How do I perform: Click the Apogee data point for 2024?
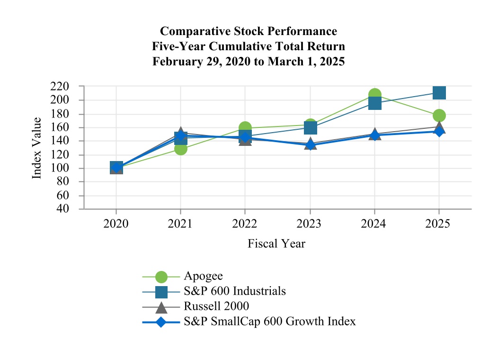374,95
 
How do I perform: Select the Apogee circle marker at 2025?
439,115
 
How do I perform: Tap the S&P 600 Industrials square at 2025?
439,92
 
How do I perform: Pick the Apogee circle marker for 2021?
180,148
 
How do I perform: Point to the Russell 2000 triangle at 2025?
439,126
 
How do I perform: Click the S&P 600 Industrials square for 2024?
374,103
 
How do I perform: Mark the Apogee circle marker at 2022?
245,128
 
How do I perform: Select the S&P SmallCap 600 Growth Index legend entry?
269,321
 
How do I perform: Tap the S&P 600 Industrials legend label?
234,291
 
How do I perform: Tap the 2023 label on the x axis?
310,223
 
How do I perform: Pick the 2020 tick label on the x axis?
116,223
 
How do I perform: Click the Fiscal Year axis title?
276,243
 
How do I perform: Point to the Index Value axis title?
37,148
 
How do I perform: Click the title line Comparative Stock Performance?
249,31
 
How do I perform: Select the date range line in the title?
249,62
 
